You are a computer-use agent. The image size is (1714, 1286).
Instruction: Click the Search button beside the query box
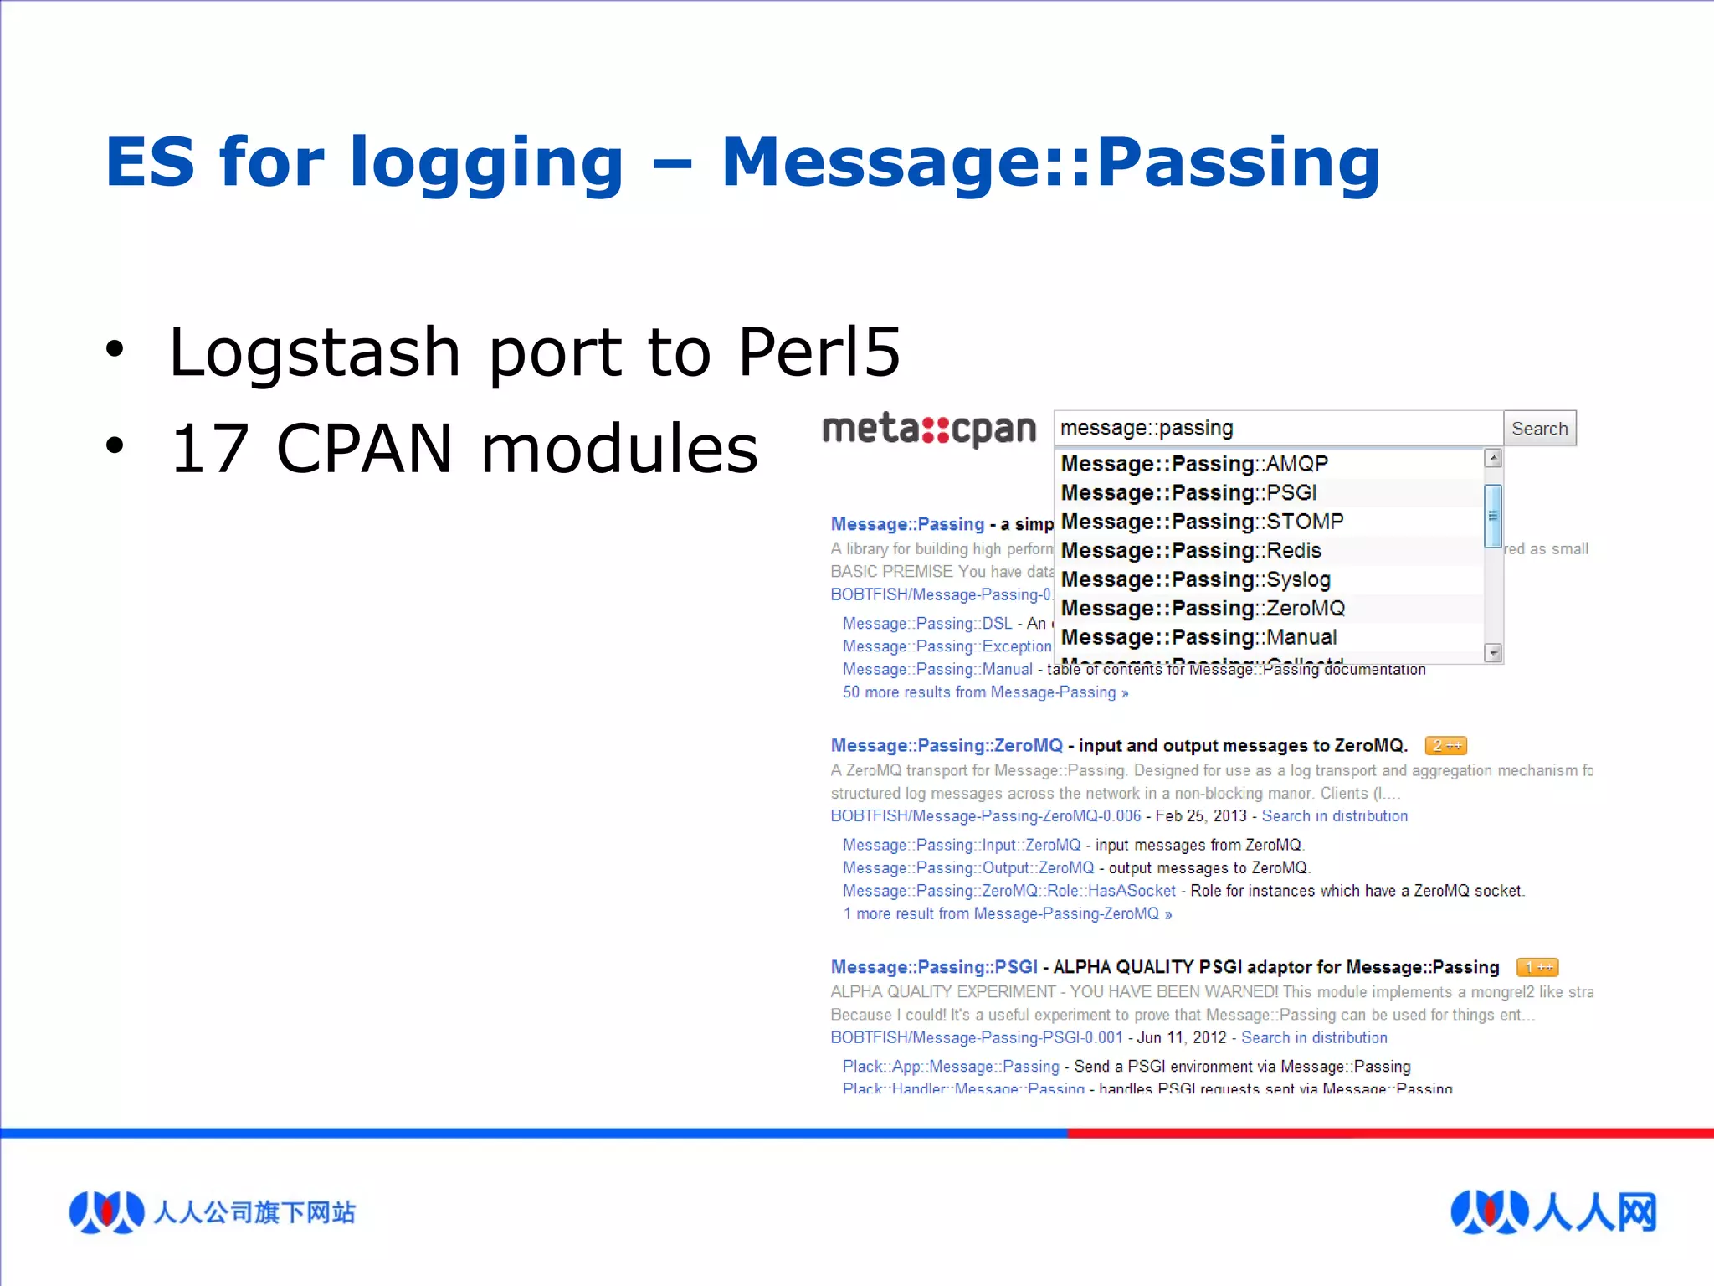click(1539, 429)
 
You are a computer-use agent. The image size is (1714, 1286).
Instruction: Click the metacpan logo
click(929, 429)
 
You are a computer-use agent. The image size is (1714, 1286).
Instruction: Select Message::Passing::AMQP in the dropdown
click(1194, 464)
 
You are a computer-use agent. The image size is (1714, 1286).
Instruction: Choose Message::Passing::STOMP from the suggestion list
click(1202, 522)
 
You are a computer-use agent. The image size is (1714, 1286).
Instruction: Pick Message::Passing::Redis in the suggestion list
click(1191, 551)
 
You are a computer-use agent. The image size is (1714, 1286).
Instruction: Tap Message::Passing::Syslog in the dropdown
click(1195, 579)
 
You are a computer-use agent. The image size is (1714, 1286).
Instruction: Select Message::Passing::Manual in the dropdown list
click(1198, 637)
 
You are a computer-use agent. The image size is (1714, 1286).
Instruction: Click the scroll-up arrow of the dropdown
click(1493, 458)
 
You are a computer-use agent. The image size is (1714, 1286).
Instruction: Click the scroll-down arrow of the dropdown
click(1493, 652)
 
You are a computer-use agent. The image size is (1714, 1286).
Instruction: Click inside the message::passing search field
click(1277, 429)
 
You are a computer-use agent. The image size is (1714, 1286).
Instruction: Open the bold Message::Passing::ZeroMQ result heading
click(947, 745)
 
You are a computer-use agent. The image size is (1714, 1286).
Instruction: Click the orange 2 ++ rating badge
click(1445, 745)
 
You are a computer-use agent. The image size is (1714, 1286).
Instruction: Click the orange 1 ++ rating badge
click(1537, 967)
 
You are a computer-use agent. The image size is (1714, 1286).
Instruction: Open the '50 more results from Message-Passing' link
click(985, 692)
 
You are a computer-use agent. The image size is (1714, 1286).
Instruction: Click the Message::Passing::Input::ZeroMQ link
click(962, 845)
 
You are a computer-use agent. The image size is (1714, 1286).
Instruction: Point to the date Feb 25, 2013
click(1201, 815)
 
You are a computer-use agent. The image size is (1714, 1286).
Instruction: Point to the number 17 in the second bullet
click(210, 449)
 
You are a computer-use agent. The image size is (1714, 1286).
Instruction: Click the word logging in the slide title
click(486, 163)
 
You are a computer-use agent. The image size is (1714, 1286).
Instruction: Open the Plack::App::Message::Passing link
click(951, 1066)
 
